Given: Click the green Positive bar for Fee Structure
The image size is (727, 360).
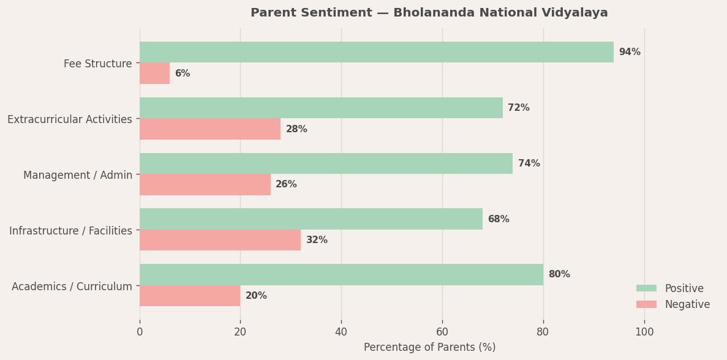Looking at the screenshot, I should [376, 52].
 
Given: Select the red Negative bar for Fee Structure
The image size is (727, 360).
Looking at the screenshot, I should [154, 73].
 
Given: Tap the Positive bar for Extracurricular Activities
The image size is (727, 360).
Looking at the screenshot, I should [321, 108].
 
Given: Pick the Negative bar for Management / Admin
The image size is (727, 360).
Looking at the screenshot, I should [205, 185].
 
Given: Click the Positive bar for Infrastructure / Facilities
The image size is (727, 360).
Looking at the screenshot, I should [311, 219].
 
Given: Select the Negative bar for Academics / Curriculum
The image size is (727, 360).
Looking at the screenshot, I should [190, 296].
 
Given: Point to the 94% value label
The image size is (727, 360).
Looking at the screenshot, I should [629, 52].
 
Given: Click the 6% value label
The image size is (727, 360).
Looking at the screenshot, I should [182, 73].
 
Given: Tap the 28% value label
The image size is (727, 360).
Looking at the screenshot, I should [296, 129].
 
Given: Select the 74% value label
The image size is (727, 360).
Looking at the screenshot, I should [529, 163].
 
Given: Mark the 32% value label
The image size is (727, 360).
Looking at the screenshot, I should [317, 240].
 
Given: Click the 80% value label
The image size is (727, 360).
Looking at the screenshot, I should [559, 274].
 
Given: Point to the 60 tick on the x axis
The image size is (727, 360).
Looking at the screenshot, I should [442, 332].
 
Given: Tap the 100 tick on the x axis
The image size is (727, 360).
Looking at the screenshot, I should [644, 332].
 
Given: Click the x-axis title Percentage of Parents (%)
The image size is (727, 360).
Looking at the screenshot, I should [429, 347].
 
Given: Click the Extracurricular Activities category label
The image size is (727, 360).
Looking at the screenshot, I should [70, 119].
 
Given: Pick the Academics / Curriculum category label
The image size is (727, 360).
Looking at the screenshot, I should [72, 286].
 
